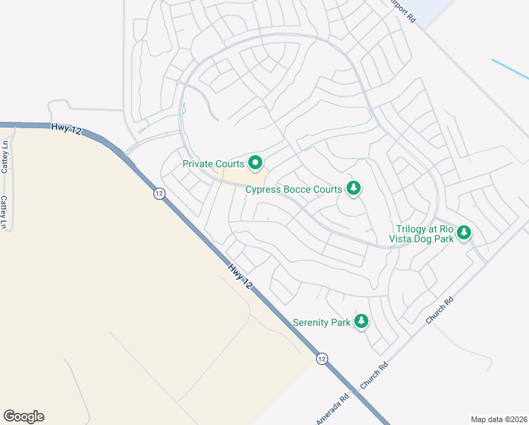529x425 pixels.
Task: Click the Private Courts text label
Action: click(213, 164)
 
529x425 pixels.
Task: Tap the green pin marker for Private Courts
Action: click(255, 163)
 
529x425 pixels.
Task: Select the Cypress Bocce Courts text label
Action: click(293, 189)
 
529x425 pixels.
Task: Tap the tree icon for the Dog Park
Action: click(464, 232)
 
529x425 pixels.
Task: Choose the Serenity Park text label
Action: click(322, 322)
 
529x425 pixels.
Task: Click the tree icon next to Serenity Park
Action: click(361, 322)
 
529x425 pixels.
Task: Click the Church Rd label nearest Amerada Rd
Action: click(375, 375)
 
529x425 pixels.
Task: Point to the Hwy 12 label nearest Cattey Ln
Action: click(63, 127)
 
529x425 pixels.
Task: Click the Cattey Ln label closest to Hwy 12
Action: click(5, 157)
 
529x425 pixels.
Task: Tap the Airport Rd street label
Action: click(402, 11)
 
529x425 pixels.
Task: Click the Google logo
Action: click(23, 416)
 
